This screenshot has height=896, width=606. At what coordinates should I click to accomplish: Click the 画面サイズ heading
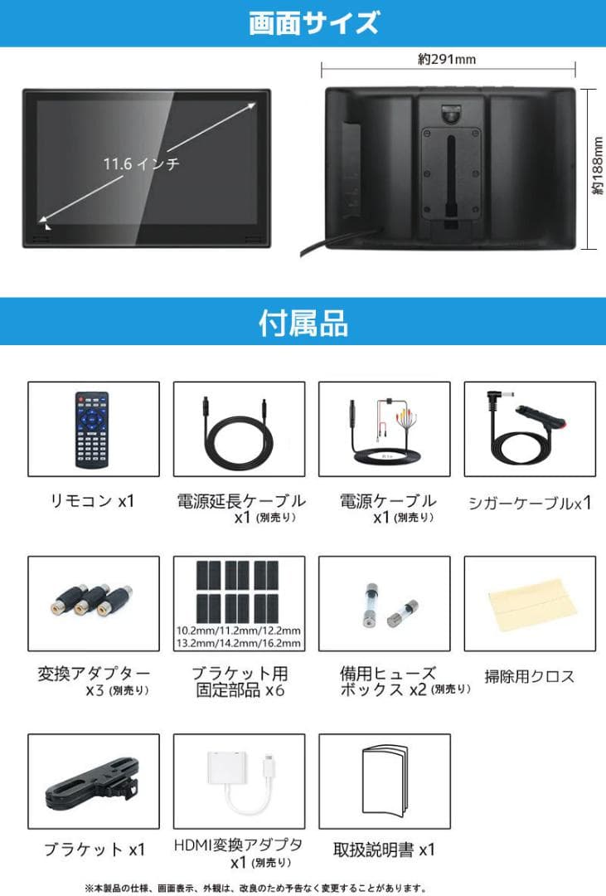click(x=303, y=22)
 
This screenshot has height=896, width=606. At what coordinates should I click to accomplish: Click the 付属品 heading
click(x=303, y=322)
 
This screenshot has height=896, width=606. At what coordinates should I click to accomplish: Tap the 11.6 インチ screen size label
click(x=142, y=163)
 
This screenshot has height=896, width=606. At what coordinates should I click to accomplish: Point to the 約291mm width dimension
click(x=447, y=59)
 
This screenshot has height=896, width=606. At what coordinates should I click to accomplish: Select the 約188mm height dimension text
click(x=597, y=167)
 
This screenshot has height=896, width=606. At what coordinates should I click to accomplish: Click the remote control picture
click(x=93, y=429)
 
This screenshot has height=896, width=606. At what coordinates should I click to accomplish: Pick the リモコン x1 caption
click(x=93, y=501)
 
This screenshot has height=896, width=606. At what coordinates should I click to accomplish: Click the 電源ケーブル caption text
click(x=387, y=500)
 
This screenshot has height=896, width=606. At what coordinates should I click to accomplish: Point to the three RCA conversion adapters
click(x=93, y=600)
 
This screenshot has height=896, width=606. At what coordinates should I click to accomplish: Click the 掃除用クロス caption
click(x=529, y=676)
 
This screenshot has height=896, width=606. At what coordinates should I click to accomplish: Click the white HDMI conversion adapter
click(x=240, y=779)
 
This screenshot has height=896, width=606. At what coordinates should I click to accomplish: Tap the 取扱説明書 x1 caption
click(x=385, y=850)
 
